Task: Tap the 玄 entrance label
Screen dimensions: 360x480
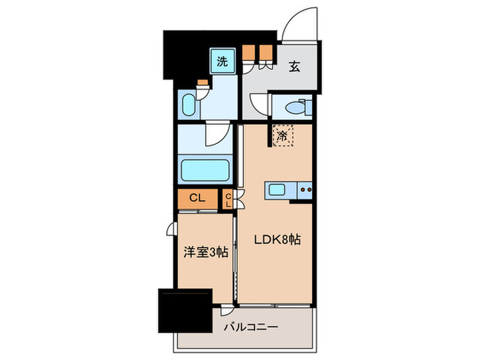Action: [x=293, y=67]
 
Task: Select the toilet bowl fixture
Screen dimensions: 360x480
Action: [x=298, y=108]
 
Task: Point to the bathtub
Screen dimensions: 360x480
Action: [x=204, y=169]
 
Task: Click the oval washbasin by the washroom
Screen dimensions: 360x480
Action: [x=188, y=106]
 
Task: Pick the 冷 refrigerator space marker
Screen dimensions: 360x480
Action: [x=283, y=134]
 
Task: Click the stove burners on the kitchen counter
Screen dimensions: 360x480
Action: [x=305, y=190]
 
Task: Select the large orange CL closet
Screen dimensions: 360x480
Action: [x=196, y=198]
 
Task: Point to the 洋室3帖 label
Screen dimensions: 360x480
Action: [x=204, y=253]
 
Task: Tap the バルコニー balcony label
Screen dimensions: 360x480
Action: [x=251, y=327]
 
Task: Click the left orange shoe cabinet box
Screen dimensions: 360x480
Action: [x=248, y=53]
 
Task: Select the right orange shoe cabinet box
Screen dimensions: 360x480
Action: [x=265, y=53]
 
